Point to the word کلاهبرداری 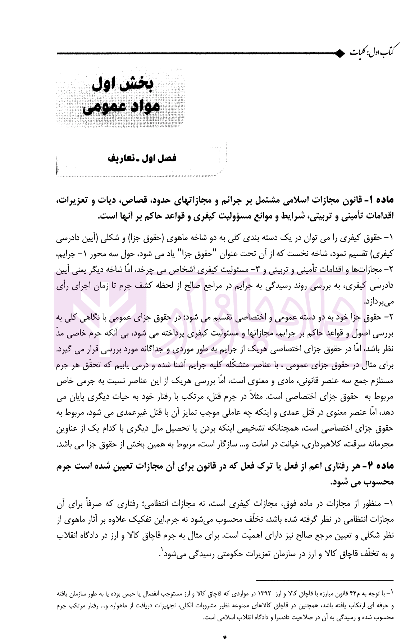tap(320, 445)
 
